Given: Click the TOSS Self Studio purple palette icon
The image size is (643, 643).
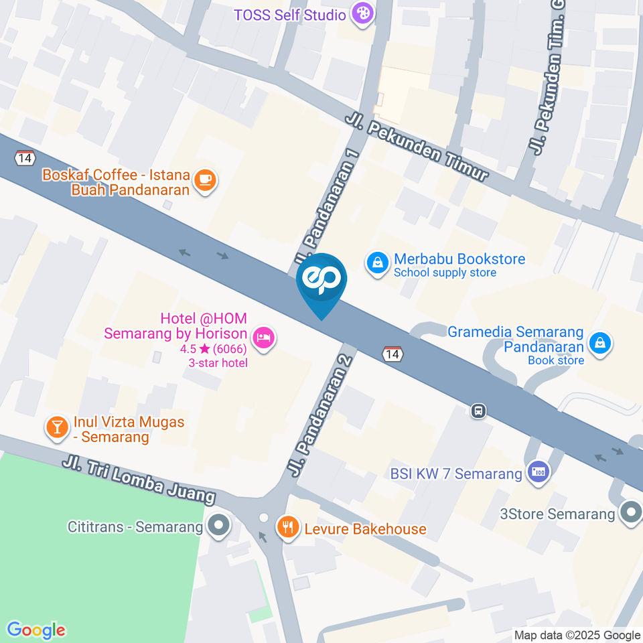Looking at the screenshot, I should click(x=362, y=14).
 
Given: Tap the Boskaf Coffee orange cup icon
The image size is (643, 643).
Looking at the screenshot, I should click(x=205, y=179).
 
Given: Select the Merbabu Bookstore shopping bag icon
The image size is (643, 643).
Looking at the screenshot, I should click(x=378, y=263).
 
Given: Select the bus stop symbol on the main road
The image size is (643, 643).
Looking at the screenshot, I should click(x=478, y=411).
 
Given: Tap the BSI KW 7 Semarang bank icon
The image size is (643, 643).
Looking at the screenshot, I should click(x=538, y=472).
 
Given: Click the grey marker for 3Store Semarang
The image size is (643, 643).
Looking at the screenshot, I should click(x=630, y=514).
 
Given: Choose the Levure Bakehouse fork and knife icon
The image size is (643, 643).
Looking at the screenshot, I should click(x=289, y=527).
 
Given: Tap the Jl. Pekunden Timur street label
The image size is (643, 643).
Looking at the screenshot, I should click(x=416, y=148).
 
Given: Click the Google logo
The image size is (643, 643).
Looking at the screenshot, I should click(x=36, y=630).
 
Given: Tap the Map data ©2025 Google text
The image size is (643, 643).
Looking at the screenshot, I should click(x=577, y=635).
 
